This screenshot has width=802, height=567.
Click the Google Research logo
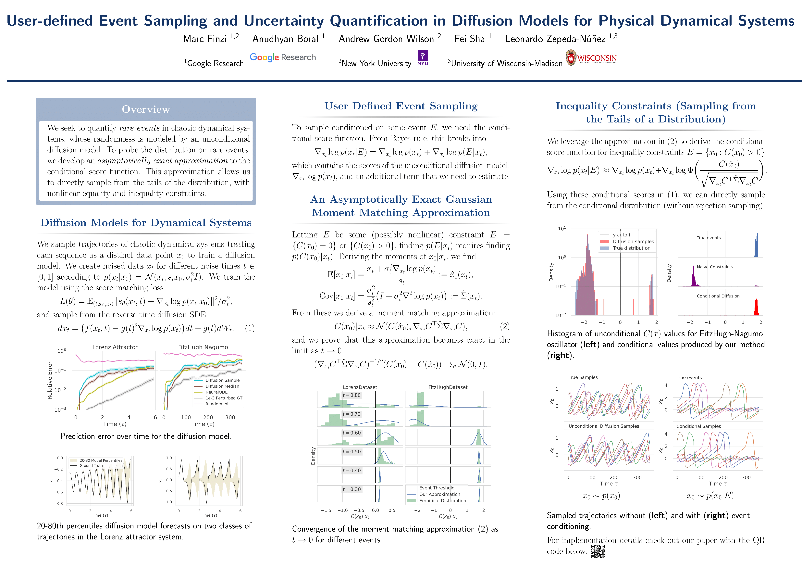click(x=283, y=57)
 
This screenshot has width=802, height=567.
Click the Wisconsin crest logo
click(x=571, y=58)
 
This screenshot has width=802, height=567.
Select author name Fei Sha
click(x=469, y=39)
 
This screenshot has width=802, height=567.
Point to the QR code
click(x=598, y=551)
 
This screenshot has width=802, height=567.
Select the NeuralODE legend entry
click(x=216, y=392)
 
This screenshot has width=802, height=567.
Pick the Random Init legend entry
click(x=218, y=404)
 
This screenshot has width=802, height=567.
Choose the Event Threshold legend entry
click(x=437, y=488)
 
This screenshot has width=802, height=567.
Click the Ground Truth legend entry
click(x=91, y=465)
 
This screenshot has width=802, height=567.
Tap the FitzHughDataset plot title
click(x=448, y=387)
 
